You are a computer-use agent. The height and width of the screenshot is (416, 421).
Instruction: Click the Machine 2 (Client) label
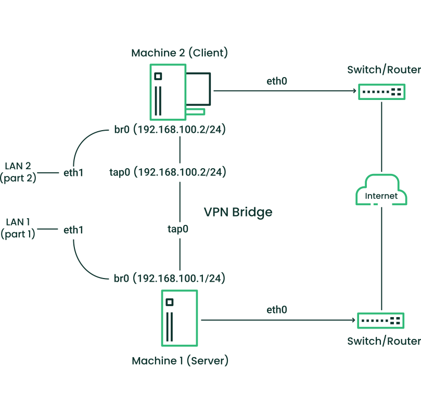coord(180,53)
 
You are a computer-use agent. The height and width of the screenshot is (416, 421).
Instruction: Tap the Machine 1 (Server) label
coord(180,360)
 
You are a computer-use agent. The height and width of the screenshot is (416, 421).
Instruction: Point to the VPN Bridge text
coord(238,212)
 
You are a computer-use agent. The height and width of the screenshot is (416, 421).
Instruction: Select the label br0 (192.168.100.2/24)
coord(169,130)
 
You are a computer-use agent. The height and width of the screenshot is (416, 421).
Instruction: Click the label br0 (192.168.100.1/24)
coord(169,279)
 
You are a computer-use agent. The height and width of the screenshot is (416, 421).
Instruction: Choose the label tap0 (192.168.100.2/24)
coord(168,172)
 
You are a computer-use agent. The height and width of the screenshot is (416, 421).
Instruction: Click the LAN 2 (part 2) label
coord(19,172)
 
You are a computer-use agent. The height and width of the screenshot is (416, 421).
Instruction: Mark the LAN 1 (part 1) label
coord(19,228)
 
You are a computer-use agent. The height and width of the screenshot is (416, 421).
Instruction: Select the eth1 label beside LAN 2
coord(73,172)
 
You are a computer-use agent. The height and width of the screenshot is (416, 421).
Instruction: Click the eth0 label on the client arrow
coord(277,81)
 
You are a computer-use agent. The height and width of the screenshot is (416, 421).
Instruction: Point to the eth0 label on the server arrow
coord(277,310)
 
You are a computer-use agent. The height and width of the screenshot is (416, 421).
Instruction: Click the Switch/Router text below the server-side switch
coord(384,341)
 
